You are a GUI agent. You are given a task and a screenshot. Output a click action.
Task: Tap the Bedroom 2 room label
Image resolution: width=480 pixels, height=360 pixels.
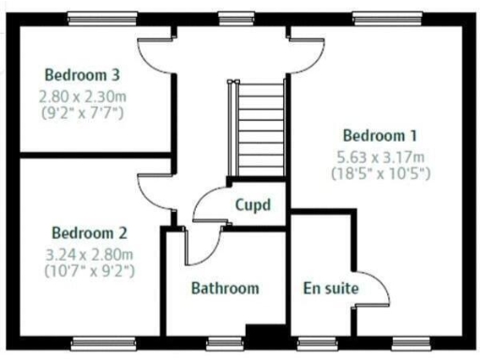click(89, 232)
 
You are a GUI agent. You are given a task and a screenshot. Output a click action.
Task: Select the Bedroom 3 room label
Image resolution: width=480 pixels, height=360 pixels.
click(82, 74)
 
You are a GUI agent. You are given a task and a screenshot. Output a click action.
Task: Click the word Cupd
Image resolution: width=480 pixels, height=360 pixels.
click(253, 203)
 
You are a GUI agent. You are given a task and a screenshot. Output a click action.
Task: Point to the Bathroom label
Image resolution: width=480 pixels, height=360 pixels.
click(225, 288)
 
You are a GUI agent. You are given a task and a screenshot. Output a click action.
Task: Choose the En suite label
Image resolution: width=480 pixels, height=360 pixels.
click(331, 288)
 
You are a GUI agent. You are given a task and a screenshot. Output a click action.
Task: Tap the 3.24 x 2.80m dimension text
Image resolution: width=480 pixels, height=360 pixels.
click(89, 253)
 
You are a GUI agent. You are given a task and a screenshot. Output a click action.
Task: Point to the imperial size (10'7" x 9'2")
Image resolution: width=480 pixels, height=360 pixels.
click(89, 271)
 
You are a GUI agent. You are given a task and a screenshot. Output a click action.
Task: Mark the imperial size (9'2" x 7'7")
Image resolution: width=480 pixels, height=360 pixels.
click(82, 112)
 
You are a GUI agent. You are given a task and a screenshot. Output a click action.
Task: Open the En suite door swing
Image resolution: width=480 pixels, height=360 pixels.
click(374, 291)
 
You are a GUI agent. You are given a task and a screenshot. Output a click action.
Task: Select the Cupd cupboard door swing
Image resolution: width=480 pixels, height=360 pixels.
click(206, 206)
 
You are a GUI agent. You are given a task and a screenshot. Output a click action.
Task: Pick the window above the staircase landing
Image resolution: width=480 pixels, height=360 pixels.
click(231, 17)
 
